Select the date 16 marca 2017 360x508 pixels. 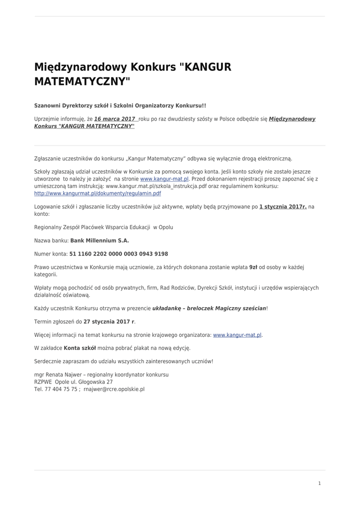(x=115, y=119)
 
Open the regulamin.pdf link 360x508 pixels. (x=97, y=193)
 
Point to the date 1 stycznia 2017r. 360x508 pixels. (x=283, y=206)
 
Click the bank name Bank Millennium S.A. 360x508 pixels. (x=99, y=240)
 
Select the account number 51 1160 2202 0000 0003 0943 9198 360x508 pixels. (x=119, y=254)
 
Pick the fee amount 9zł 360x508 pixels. (x=253, y=267)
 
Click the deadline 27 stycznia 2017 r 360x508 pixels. (x=109, y=321)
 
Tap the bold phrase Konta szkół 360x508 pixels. (x=79, y=348)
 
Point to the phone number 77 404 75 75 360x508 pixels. (x=61, y=389)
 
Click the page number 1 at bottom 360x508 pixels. (x=319, y=483)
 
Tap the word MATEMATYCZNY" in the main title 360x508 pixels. (x=82, y=81)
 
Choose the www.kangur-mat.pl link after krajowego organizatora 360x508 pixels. (x=237, y=335)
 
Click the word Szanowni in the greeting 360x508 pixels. (x=49, y=106)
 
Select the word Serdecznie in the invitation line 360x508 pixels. (x=49, y=361)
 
